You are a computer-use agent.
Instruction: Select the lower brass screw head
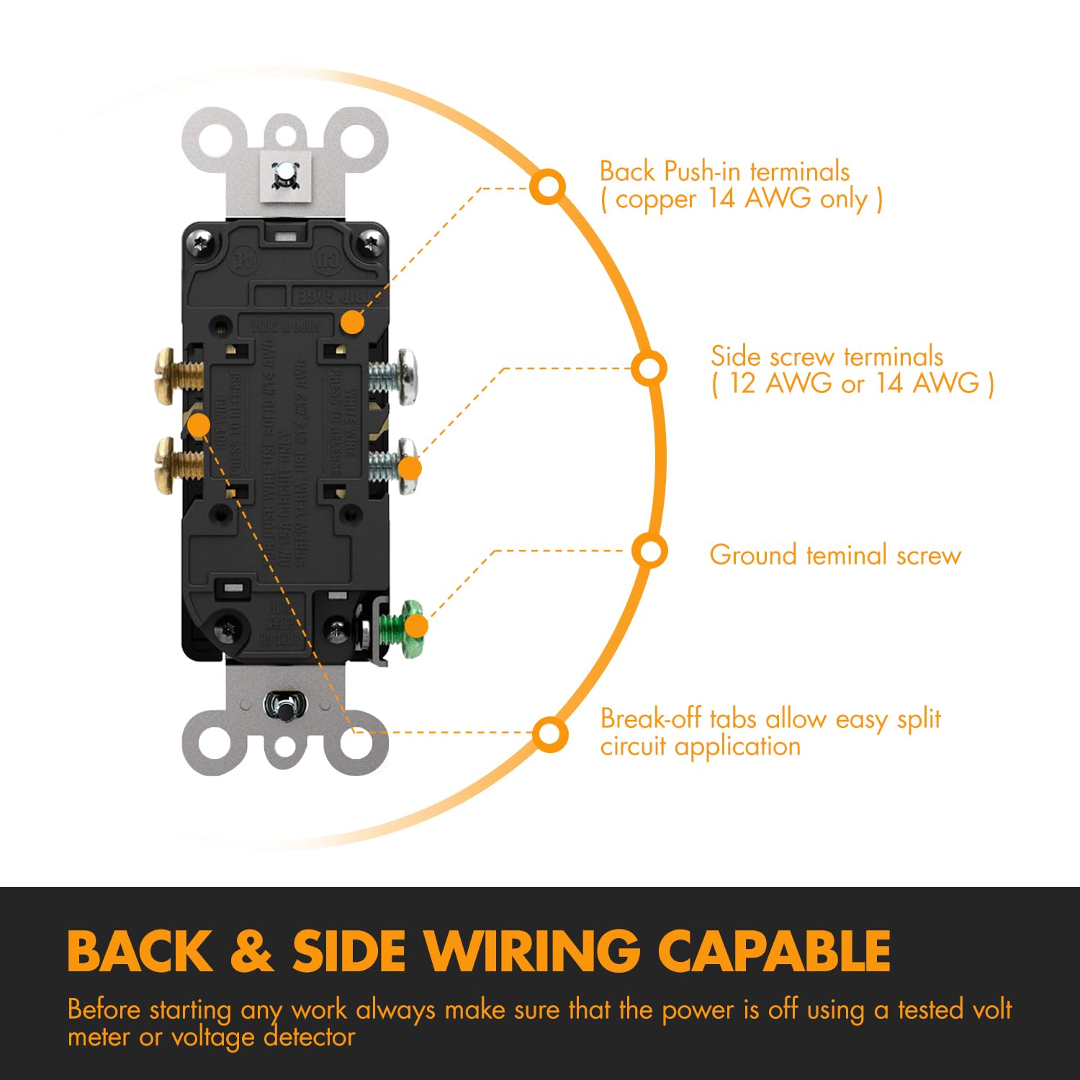coord(164,465)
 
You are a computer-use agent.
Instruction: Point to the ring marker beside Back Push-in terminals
coord(548,186)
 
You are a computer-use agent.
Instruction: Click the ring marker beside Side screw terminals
coord(649,369)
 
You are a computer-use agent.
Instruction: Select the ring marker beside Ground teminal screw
coord(650,552)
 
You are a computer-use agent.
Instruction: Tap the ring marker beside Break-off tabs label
coord(549,734)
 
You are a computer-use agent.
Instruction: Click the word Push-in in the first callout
coord(703,172)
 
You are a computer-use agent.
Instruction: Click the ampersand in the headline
coord(252,951)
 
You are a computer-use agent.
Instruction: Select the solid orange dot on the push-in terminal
coord(352,322)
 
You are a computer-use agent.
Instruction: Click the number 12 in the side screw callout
coord(742,383)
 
